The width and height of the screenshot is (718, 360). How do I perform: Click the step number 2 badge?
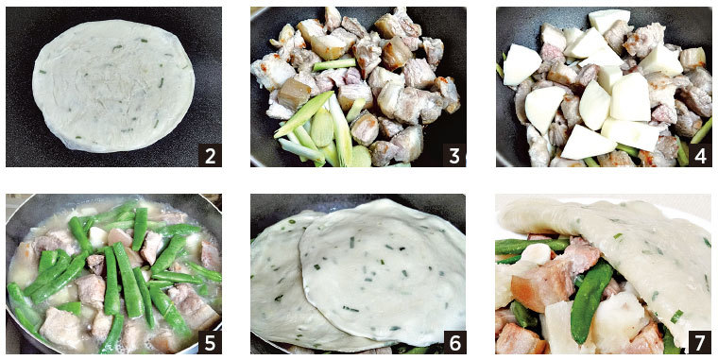click(x=210, y=155)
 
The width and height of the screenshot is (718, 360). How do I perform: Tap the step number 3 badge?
click(x=454, y=155)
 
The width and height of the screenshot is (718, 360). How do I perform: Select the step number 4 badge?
click(x=700, y=155)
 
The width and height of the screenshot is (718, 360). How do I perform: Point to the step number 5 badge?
click(x=210, y=342)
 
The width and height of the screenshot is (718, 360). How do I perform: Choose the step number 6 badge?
click(x=454, y=342)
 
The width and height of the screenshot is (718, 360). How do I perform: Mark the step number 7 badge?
click(x=700, y=342)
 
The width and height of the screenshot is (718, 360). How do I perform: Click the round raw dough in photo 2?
click(x=113, y=86)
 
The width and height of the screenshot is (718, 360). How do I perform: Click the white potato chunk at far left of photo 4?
click(x=521, y=64)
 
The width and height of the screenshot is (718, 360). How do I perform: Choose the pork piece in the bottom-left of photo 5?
click(x=60, y=327)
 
